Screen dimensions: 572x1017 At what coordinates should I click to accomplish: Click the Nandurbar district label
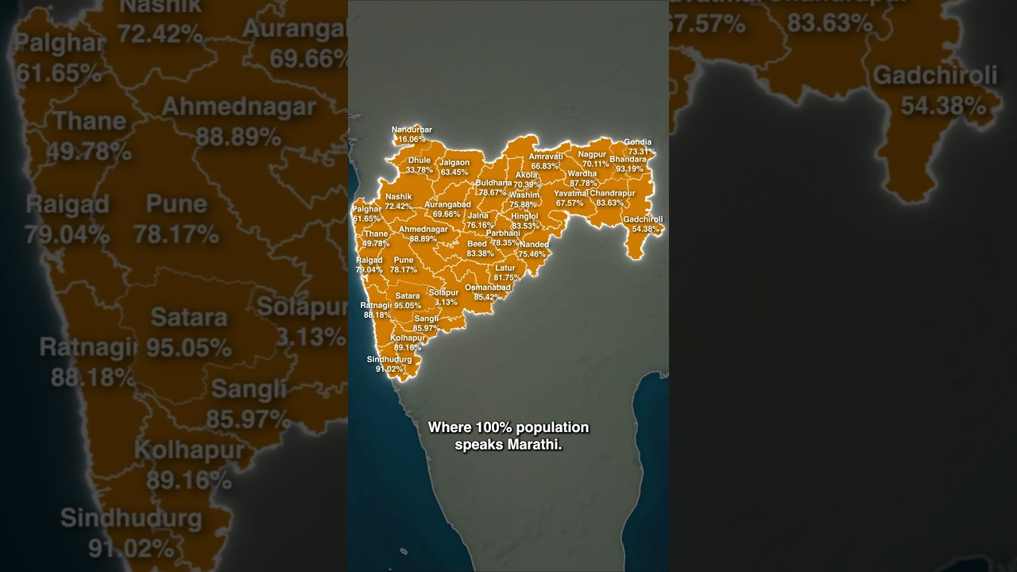pos(412,129)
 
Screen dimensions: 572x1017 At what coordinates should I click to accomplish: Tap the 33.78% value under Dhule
pos(420,170)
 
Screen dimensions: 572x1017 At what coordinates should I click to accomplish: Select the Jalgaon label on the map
pos(454,163)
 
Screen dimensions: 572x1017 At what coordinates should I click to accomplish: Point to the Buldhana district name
pos(493,183)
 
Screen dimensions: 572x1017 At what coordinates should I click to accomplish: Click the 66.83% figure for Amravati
pos(545,166)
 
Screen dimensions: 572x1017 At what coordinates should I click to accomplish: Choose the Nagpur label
pos(592,154)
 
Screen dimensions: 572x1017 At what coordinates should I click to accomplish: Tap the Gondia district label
pos(637,142)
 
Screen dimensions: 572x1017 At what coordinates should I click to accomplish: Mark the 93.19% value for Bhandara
pos(629,169)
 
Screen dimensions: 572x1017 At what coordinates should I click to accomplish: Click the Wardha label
pos(582,174)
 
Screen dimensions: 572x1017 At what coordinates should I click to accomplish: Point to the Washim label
pos(524,195)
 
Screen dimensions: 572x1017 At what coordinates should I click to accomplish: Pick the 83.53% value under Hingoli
pos(525,226)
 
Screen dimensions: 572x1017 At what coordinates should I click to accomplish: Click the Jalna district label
pos(478,215)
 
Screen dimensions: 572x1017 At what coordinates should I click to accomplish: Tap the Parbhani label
pos(503,234)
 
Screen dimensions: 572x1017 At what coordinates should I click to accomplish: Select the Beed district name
pos(477,244)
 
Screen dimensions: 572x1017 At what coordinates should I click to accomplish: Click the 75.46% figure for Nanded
pos(532,254)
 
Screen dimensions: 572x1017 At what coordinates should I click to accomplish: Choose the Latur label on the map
pos(505,269)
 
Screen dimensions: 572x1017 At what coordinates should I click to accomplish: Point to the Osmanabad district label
pos(487,288)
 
